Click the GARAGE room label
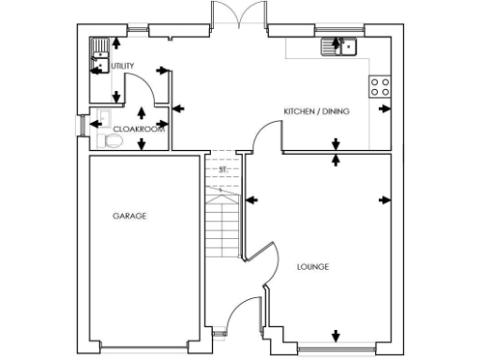coord(129,217)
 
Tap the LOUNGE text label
coord(312,267)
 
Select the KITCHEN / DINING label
coord(316,112)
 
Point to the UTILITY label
coord(122,66)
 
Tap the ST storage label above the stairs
coord(222,169)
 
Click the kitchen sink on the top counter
coord(337,45)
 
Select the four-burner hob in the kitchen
coord(381,87)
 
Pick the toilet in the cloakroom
coord(111,141)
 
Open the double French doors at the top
coord(239,17)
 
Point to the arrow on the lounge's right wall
coord(385,199)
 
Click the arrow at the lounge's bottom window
coord(337,336)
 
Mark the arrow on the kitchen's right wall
coord(385,109)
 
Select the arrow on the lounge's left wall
coord(251,199)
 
